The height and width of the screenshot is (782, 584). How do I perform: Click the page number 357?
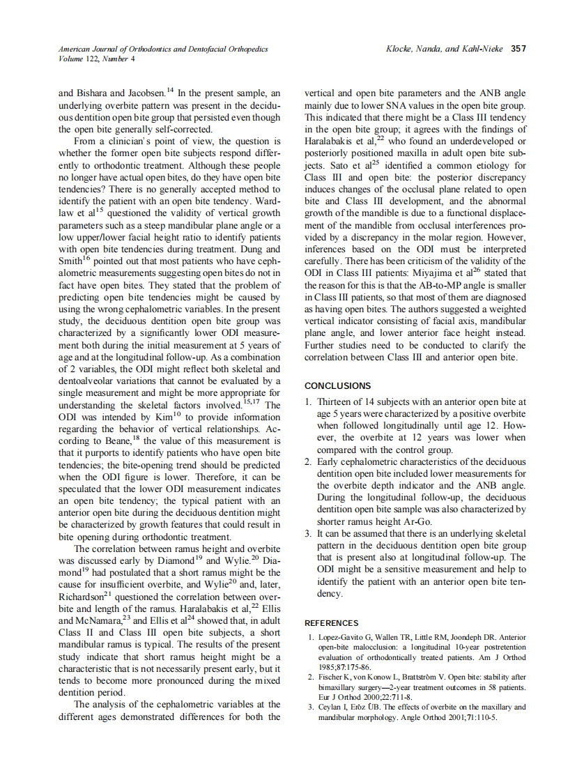tap(518, 49)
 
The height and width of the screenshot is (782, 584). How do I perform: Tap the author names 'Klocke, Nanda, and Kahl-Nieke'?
tap(445, 49)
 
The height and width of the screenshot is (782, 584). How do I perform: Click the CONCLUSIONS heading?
tap(337, 385)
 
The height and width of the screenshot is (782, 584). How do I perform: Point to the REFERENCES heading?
tap(332, 623)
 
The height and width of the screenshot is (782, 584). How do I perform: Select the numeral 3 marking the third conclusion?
tap(308, 534)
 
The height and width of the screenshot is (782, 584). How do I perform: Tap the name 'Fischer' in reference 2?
tap(331, 676)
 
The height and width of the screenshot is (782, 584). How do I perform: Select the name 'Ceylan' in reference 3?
tap(330, 707)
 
